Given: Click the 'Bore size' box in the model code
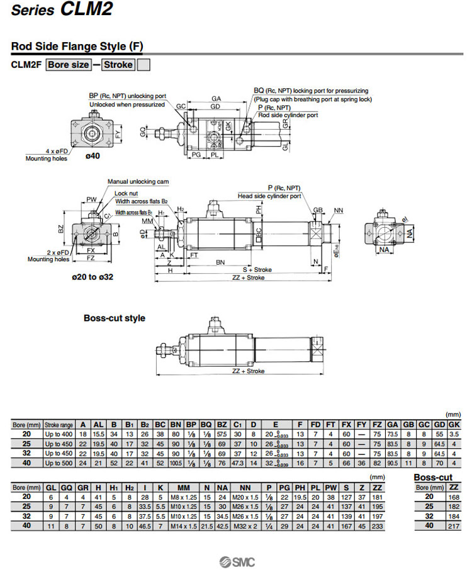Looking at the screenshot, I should pyautogui.click(x=69, y=65).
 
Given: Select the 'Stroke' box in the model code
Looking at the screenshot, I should pyautogui.click(x=118, y=65).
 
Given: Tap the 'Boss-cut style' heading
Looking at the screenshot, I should pyautogui.click(x=115, y=318).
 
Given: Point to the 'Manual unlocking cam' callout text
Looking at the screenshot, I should pyautogui.click(x=138, y=181).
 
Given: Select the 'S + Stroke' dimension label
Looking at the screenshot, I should pyautogui.click(x=257, y=269).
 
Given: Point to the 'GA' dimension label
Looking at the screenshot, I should pyautogui.click(x=216, y=99).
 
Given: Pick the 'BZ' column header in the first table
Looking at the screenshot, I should pyautogui.click(x=222, y=425).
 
